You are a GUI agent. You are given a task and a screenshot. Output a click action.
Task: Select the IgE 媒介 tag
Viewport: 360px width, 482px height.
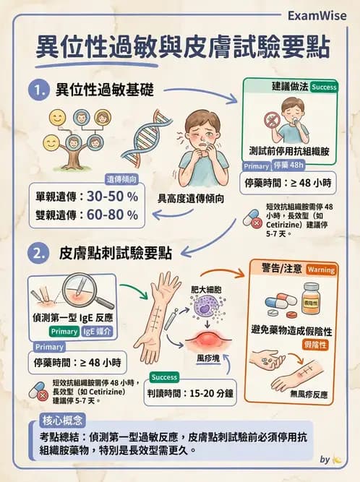[98, 332]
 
